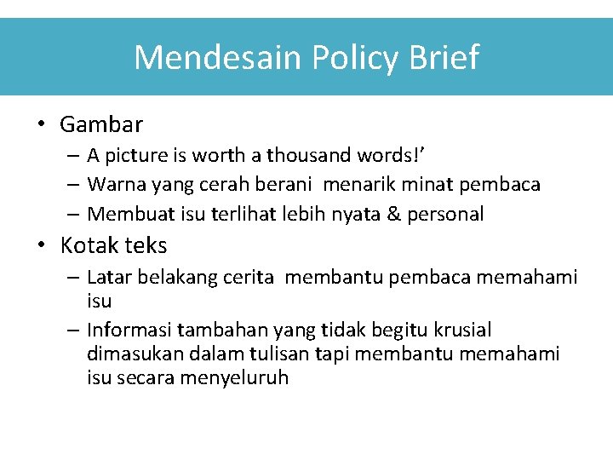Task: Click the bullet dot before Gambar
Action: (40, 124)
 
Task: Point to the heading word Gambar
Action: (101, 124)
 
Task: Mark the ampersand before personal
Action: (392, 214)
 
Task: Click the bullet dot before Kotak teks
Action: (40, 245)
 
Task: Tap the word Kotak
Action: (89, 245)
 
